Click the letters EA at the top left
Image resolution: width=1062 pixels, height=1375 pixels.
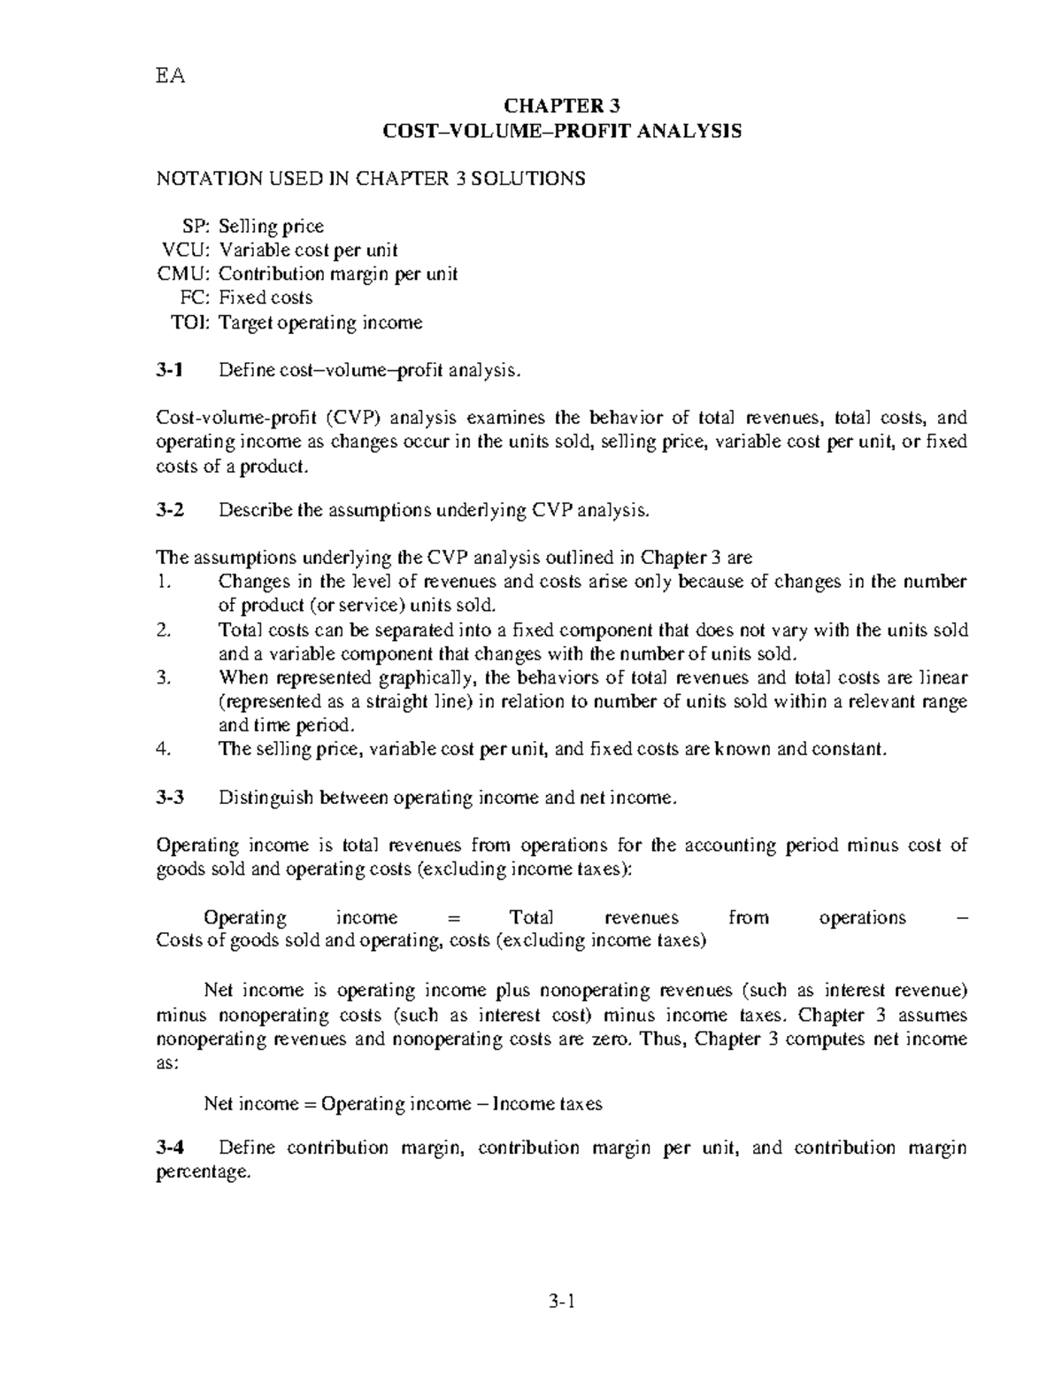pos(171,76)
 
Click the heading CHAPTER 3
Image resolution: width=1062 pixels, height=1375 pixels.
pos(561,106)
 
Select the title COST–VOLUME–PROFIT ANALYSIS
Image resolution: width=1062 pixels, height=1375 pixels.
pos(561,132)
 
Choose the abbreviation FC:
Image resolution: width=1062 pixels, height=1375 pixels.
pos(196,298)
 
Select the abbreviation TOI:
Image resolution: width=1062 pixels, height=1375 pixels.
pos(190,323)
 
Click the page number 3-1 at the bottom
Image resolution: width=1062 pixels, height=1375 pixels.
pos(561,1302)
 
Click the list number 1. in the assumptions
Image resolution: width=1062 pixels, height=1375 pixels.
pos(161,583)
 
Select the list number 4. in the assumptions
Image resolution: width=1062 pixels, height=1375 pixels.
pos(162,749)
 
